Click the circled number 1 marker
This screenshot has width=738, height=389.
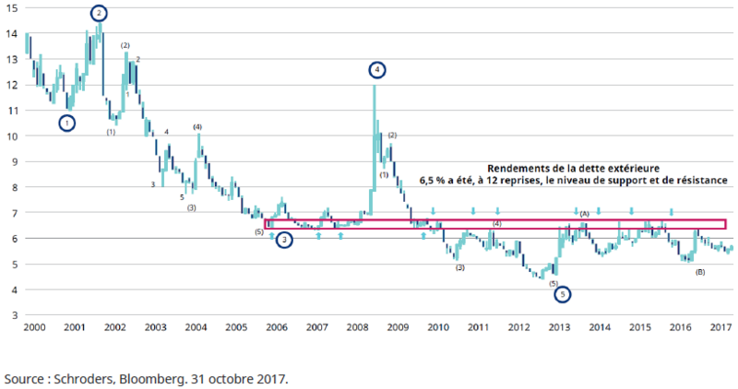66,122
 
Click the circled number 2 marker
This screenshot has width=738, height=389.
99,13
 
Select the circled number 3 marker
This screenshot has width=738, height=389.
286,240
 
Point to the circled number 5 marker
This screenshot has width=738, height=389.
564,295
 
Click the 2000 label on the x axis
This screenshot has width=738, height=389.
34,327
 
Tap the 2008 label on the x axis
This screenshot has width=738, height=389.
357,327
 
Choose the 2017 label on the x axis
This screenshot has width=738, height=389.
720,327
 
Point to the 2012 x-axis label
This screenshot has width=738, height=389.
518,327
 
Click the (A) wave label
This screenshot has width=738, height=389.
584,214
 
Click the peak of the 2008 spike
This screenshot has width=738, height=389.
375,86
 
